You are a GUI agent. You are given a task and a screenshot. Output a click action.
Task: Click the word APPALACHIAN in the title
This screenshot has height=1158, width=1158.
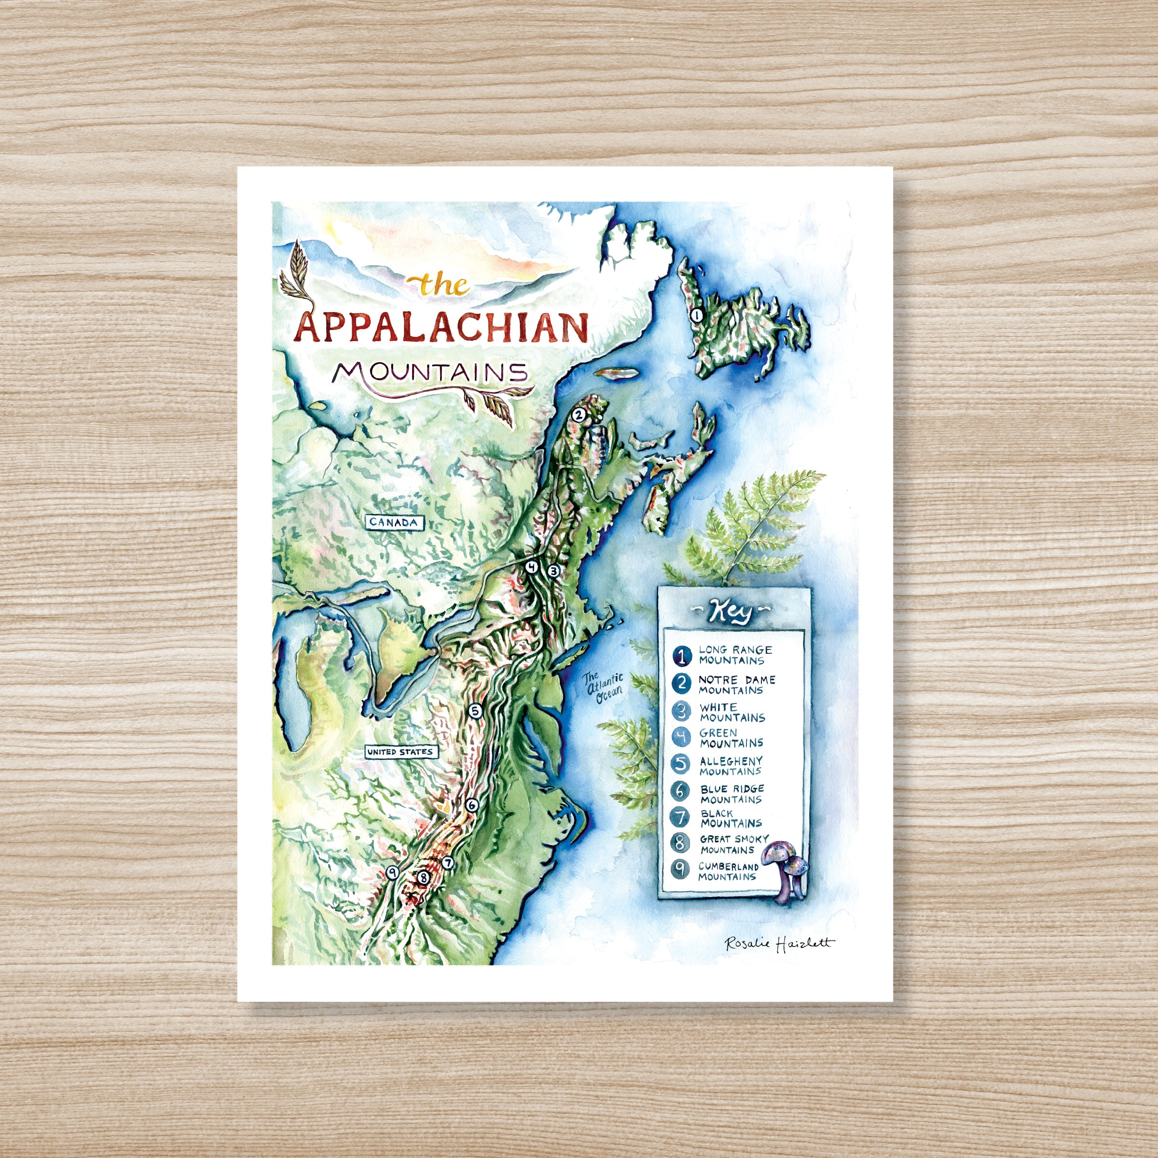(442, 329)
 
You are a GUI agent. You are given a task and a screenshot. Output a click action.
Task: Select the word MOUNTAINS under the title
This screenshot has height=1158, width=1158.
(430, 373)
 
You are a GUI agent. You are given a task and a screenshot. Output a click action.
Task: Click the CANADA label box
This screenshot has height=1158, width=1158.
(394, 522)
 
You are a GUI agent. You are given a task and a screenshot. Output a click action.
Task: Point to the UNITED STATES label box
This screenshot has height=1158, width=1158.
(400, 752)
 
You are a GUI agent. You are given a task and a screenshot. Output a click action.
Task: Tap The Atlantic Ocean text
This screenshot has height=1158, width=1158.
(605, 685)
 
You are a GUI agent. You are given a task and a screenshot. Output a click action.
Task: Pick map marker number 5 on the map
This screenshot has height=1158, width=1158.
(475, 711)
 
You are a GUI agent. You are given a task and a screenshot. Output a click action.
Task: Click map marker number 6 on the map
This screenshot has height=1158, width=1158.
(472, 805)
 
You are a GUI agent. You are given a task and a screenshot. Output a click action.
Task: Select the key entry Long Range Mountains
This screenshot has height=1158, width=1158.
(735, 655)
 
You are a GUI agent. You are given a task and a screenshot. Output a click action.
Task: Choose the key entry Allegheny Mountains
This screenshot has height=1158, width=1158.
(731, 766)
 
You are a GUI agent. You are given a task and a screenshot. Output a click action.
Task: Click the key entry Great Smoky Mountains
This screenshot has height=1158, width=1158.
(733, 844)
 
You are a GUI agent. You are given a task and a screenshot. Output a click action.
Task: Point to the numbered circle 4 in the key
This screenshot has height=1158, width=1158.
(681, 738)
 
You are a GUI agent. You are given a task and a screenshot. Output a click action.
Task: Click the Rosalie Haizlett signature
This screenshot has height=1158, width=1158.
(779, 943)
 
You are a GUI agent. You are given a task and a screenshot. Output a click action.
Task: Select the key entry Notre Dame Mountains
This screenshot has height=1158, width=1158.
(736, 685)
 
